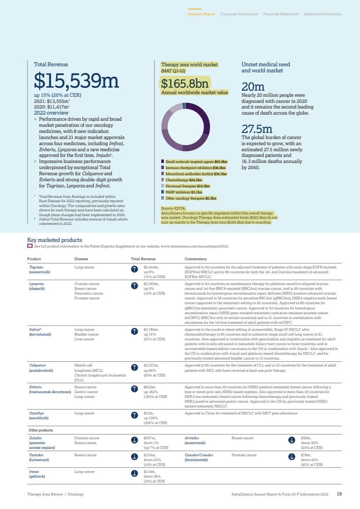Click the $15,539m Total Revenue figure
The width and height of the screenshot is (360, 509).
point(76,81)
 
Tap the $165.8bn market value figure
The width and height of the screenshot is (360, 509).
point(185,83)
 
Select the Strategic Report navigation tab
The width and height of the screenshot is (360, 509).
point(201,14)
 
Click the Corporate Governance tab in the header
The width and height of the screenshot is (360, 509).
point(239,14)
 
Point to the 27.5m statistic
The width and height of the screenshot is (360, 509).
point(257,129)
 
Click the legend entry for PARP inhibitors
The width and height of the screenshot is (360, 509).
point(183,192)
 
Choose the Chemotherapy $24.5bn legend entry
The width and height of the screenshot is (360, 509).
point(184,180)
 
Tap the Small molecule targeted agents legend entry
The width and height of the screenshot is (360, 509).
point(194,161)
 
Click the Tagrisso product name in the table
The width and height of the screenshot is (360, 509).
point(36,267)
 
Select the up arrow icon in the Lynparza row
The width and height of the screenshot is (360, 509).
point(135,286)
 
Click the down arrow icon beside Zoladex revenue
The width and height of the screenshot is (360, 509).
point(135,440)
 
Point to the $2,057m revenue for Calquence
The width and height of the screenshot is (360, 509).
point(151,365)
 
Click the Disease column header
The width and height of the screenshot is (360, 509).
point(81,259)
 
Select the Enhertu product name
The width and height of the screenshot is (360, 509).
point(35,387)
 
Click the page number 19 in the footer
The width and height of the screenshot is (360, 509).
point(339,494)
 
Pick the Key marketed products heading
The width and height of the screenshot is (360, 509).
point(54,240)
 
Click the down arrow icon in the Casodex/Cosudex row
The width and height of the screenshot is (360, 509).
point(292,457)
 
